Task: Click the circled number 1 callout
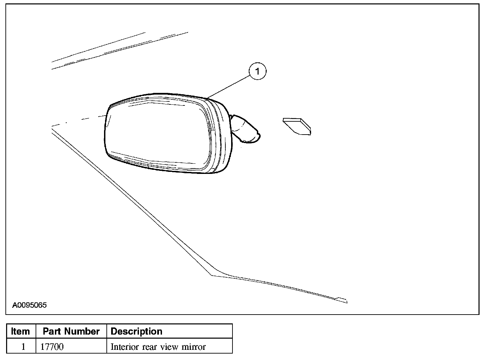pos(258,71)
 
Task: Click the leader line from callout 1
pos(228,87)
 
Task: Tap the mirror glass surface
pos(158,134)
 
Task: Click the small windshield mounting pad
pos(297,126)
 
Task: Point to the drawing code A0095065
pos(29,305)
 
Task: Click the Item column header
pos(20,331)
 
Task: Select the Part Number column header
pos(71,331)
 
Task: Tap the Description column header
pos(137,332)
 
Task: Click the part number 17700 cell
pos(52,347)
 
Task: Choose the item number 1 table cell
pos(23,347)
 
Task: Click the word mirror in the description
pos(194,347)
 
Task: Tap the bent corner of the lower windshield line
pos(212,276)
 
